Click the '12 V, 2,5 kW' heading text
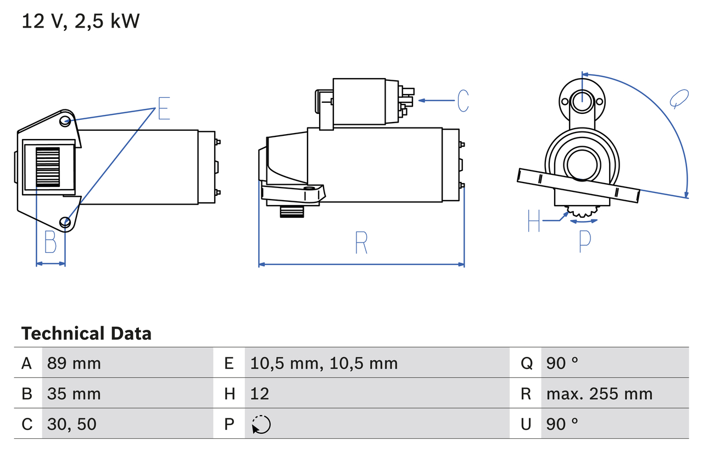(x=81, y=21)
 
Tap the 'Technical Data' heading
(x=86, y=333)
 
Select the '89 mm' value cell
(x=74, y=363)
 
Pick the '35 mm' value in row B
(x=74, y=394)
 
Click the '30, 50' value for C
(x=72, y=424)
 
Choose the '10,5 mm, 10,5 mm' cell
(x=324, y=363)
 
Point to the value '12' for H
(x=260, y=394)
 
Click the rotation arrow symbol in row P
(x=261, y=424)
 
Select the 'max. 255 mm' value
(x=599, y=394)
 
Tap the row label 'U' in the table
(x=526, y=424)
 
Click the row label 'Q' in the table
(x=526, y=363)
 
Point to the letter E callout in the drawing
(x=164, y=108)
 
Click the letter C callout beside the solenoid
(x=463, y=101)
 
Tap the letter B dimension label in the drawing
(x=51, y=242)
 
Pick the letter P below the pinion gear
(x=585, y=240)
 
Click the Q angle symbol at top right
(x=679, y=98)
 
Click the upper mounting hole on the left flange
(x=65, y=121)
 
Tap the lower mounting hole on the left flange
(x=66, y=222)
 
